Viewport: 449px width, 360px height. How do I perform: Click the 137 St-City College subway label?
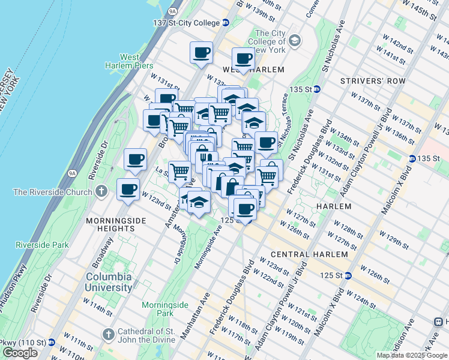point(186,23)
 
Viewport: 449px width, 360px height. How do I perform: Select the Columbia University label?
point(109,282)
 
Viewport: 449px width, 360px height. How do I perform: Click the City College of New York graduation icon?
point(294,41)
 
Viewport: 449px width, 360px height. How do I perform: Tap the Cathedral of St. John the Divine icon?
point(108,334)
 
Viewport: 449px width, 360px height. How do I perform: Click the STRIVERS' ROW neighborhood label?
point(373,81)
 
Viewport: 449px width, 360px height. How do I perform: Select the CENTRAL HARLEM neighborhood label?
point(309,254)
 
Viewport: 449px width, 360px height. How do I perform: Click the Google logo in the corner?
point(20,353)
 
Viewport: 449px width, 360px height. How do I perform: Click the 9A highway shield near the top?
point(173,10)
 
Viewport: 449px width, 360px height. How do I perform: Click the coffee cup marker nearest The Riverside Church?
point(128,190)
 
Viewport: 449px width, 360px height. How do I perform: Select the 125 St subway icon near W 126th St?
point(348,275)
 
